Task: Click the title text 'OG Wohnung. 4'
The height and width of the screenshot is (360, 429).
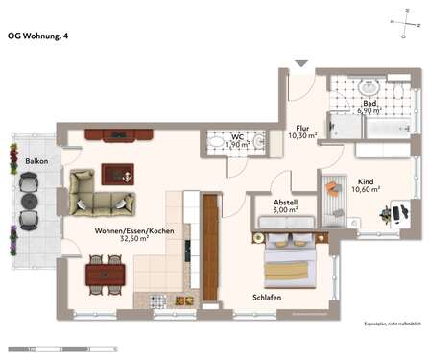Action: click(x=38, y=36)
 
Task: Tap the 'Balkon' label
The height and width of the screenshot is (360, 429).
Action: click(x=37, y=161)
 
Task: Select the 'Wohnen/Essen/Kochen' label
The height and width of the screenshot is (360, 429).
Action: click(x=133, y=230)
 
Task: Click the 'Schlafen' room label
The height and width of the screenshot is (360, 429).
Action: click(x=267, y=298)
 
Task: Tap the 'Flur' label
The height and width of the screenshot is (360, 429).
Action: click(x=301, y=128)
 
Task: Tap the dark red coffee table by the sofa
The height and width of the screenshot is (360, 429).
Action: click(x=117, y=173)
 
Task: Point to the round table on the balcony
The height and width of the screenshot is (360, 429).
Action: click(x=27, y=204)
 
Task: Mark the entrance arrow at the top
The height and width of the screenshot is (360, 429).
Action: click(x=301, y=64)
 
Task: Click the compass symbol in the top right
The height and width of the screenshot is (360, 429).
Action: click(x=399, y=19)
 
